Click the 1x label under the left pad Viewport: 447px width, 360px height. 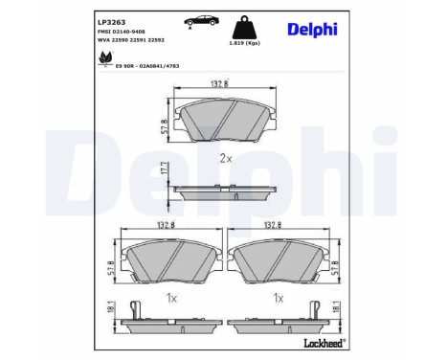coord(171,299)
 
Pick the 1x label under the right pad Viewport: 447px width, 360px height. coord(279,299)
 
